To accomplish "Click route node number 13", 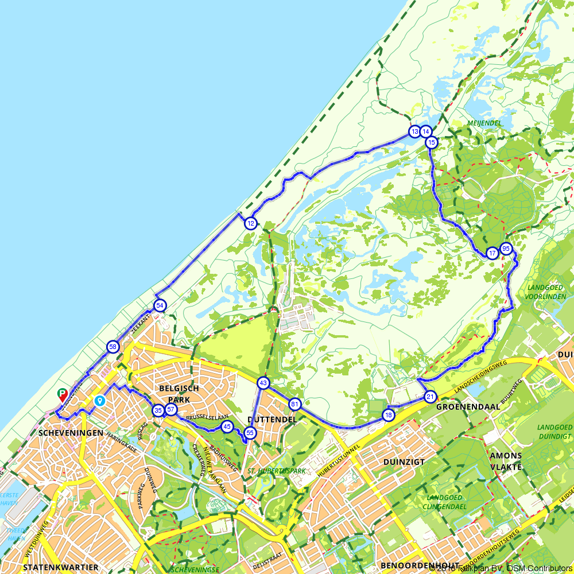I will tap(414, 131).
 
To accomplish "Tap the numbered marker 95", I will tap(506, 249).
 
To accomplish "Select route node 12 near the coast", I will tap(250, 223).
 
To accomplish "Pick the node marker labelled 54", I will tap(160, 305).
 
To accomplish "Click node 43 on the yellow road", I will tap(263, 382).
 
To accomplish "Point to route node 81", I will tap(295, 404).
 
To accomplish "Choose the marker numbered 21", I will tap(430, 397).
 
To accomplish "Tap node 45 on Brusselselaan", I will tap(227, 426).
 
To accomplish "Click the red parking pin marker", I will tap(63, 394).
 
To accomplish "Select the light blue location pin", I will tap(100, 400).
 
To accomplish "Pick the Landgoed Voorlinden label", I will tap(537, 292).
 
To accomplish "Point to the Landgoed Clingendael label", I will tap(445, 502).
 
